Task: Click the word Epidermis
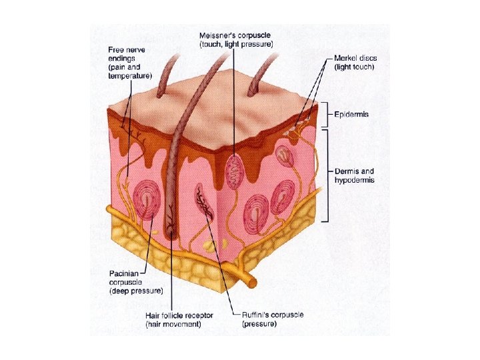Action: (x=352, y=115)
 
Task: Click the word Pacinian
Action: (x=124, y=273)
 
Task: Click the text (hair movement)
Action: (x=173, y=324)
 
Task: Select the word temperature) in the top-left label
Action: (x=130, y=76)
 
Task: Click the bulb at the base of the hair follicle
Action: (x=171, y=233)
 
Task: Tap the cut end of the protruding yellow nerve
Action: (x=253, y=282)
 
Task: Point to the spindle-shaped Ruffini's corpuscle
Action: (x=203, y=199)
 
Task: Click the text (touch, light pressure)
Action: (x=236, y=43)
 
